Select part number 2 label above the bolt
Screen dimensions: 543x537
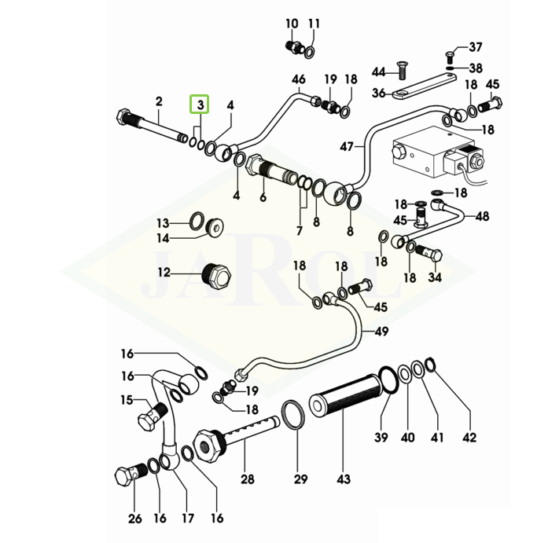coord(159,101)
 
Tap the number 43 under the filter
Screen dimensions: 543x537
coord(344,479)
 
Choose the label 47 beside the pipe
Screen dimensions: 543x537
coord(348,145)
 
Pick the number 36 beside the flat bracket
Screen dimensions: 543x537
coord(378,94)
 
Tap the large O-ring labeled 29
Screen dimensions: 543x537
coord(292,416)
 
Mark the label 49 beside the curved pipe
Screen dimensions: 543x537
coord(381,332)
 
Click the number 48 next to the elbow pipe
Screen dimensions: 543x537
coord(482,216)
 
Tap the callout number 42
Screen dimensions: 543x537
coord(469,438)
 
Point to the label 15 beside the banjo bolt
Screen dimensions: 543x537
coord(127,400)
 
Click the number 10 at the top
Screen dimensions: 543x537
coord(292,24)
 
